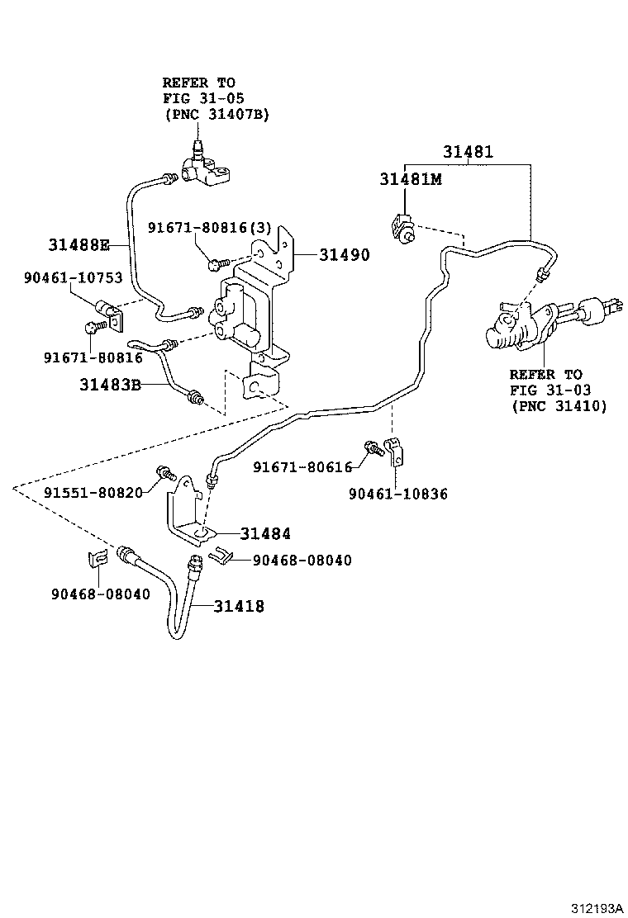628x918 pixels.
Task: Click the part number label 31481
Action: (467, 152)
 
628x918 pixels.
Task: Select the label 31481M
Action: (411, 180)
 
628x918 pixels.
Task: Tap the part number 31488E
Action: (78, 244)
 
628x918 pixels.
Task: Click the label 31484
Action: (265, 534)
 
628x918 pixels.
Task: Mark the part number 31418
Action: (239, 606)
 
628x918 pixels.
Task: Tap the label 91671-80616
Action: (302, 467)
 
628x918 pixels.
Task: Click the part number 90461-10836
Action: (397, 494)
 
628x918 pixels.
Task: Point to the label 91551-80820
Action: (93, 493)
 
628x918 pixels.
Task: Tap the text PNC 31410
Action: (559, 405)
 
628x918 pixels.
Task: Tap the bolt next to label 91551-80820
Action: (164, 473)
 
